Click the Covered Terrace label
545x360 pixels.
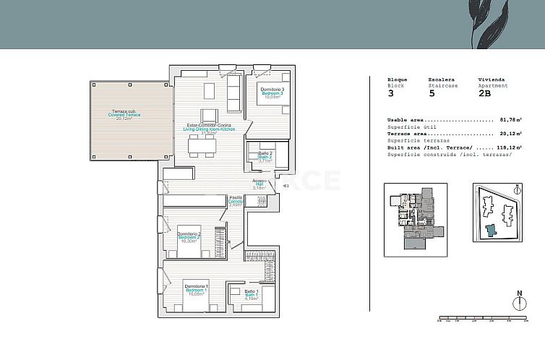click(124, 115)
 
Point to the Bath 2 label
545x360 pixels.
click(265, 157)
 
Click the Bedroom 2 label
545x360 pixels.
click(189, 238)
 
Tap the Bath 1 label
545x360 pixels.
click(250, 295)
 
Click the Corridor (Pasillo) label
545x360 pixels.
click(236, 201)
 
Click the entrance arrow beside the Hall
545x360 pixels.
click(286, 186)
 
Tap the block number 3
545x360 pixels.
click(391, 93)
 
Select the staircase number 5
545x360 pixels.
click(432, 93)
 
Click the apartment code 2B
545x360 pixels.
click(484, 93)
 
